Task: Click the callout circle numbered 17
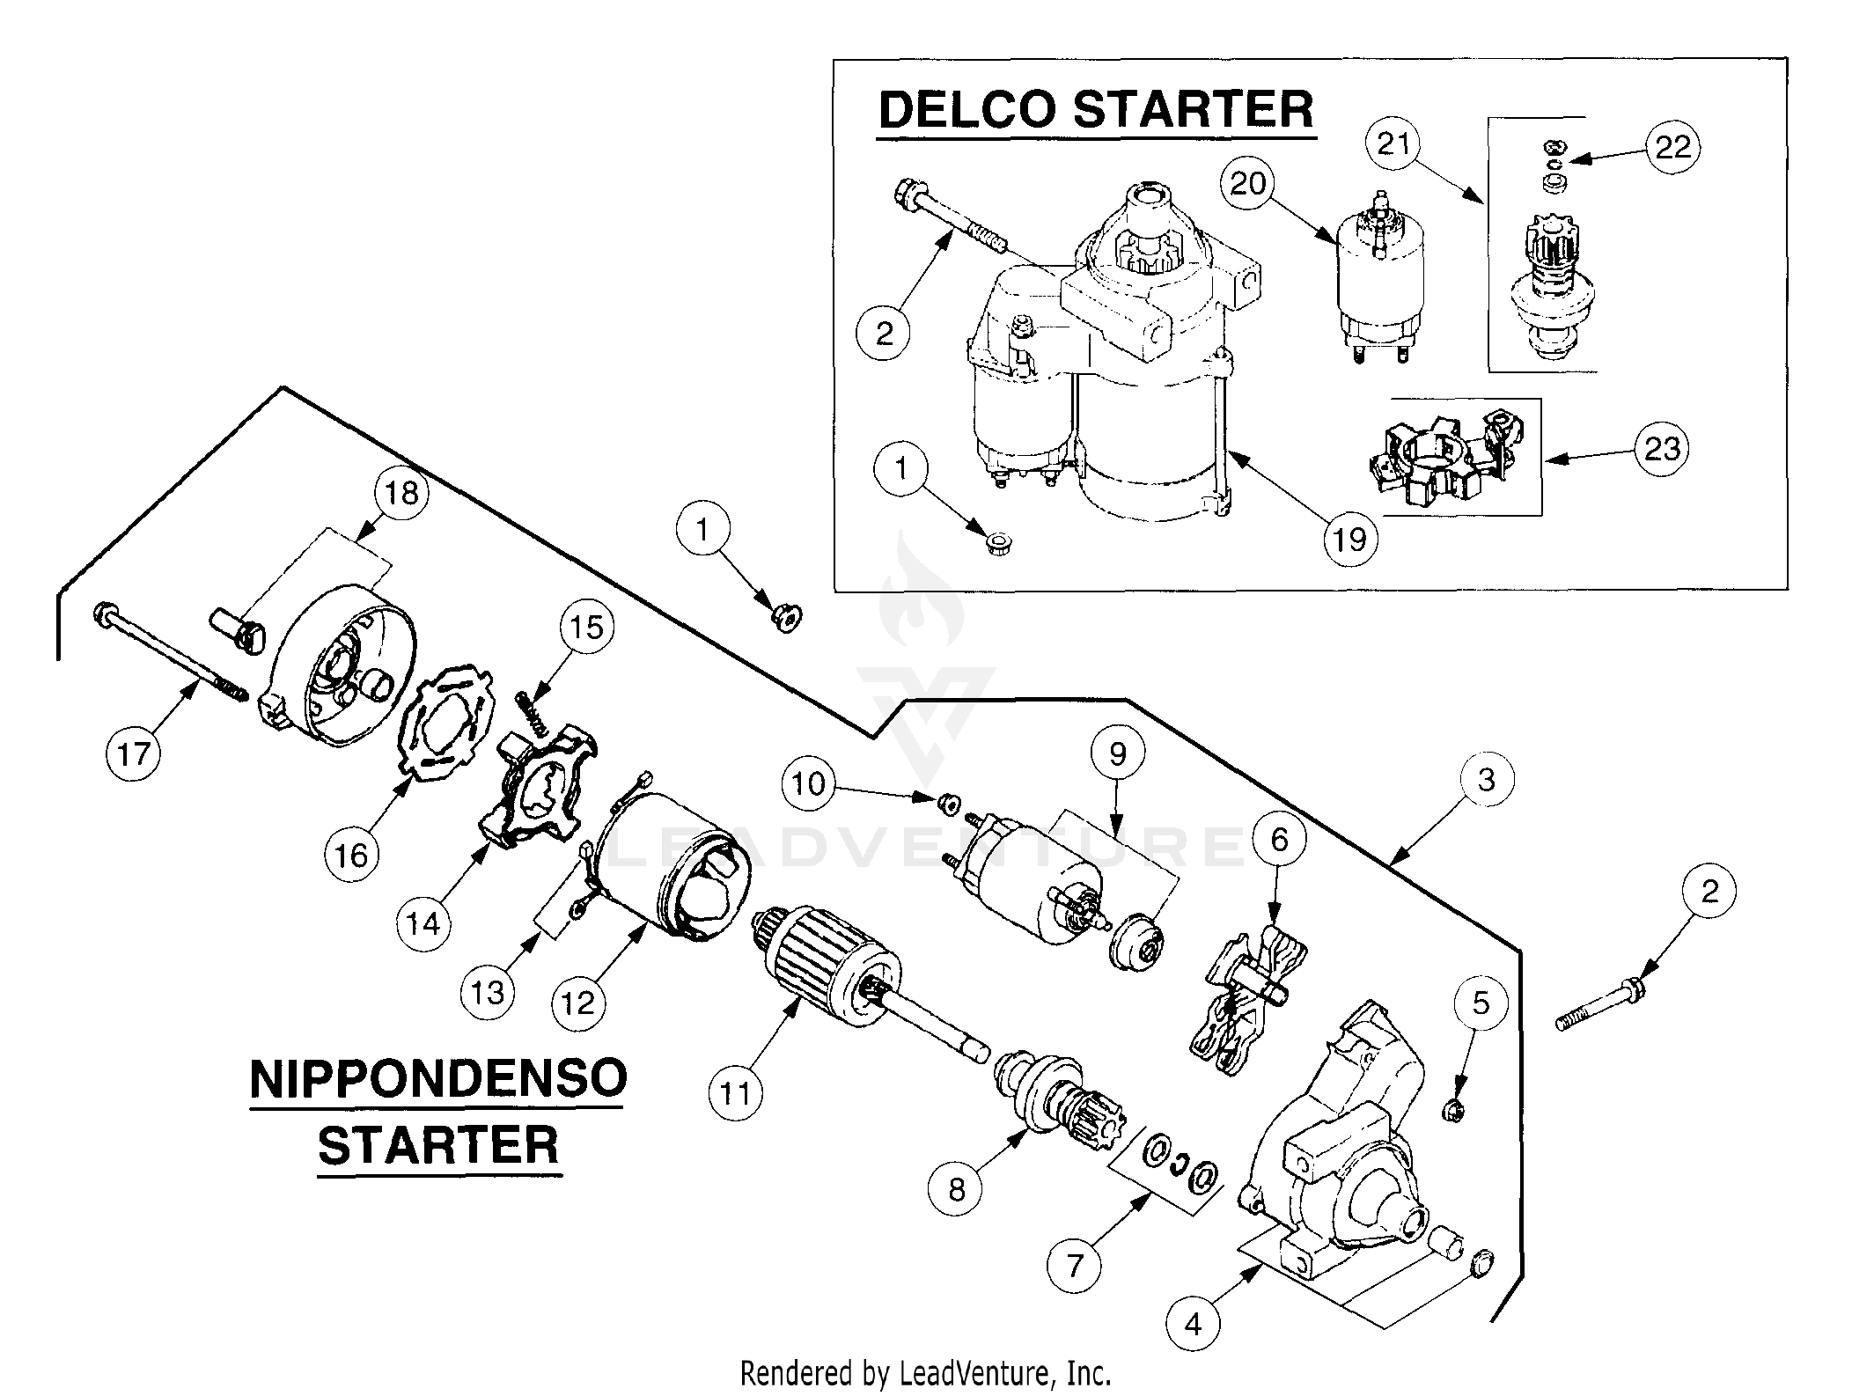[x=134, y=753]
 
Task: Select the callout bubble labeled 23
[x=1662, y=449]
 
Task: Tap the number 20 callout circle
[x=1248, y=183]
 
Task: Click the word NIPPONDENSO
[x=438, y=1079]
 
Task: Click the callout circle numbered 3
[x=1486, y=779]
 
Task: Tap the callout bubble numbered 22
[x=1672, y=146]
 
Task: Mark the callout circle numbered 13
[x=488, y=992]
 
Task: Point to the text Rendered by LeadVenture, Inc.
[x=925, y=1372]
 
